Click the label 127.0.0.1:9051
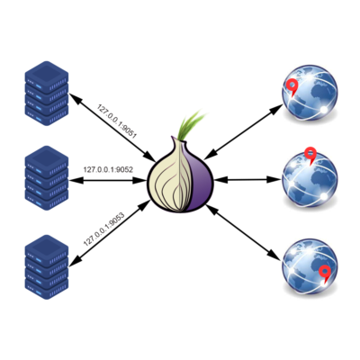pos(117,121)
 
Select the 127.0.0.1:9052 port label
pos(108,169)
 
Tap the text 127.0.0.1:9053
pos(104,229)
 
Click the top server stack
pos(47,94)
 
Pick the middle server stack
pos(47,178)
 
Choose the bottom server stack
pos(47,267)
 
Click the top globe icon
pos(310,92)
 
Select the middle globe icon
pos(310,179)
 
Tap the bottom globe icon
pos(310,267)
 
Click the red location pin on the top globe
pos(291,87)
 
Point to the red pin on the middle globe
pos(310,155)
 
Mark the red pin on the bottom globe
pos(324,273)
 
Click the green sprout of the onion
pos(192,124)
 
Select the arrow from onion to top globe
pos(244,131)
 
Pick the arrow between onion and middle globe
pos(248,180)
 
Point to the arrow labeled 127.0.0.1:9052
pos(108,180)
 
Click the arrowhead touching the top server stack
pos(75,97)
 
